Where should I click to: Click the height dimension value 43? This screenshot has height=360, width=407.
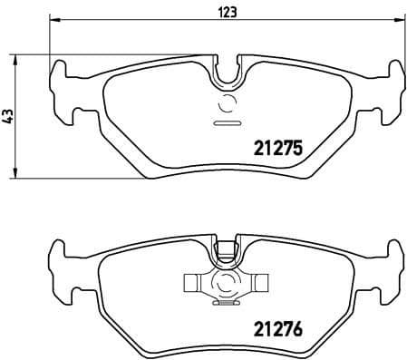(x=8, y=115)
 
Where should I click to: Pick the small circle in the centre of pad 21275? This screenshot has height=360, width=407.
(x=225, y=102)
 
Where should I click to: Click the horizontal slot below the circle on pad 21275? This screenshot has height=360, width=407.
(x=224, y=122)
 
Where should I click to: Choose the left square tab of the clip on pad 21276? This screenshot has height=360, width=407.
(x=193, y=283)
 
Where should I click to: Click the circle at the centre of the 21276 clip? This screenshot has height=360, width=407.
(x=225, y=283)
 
